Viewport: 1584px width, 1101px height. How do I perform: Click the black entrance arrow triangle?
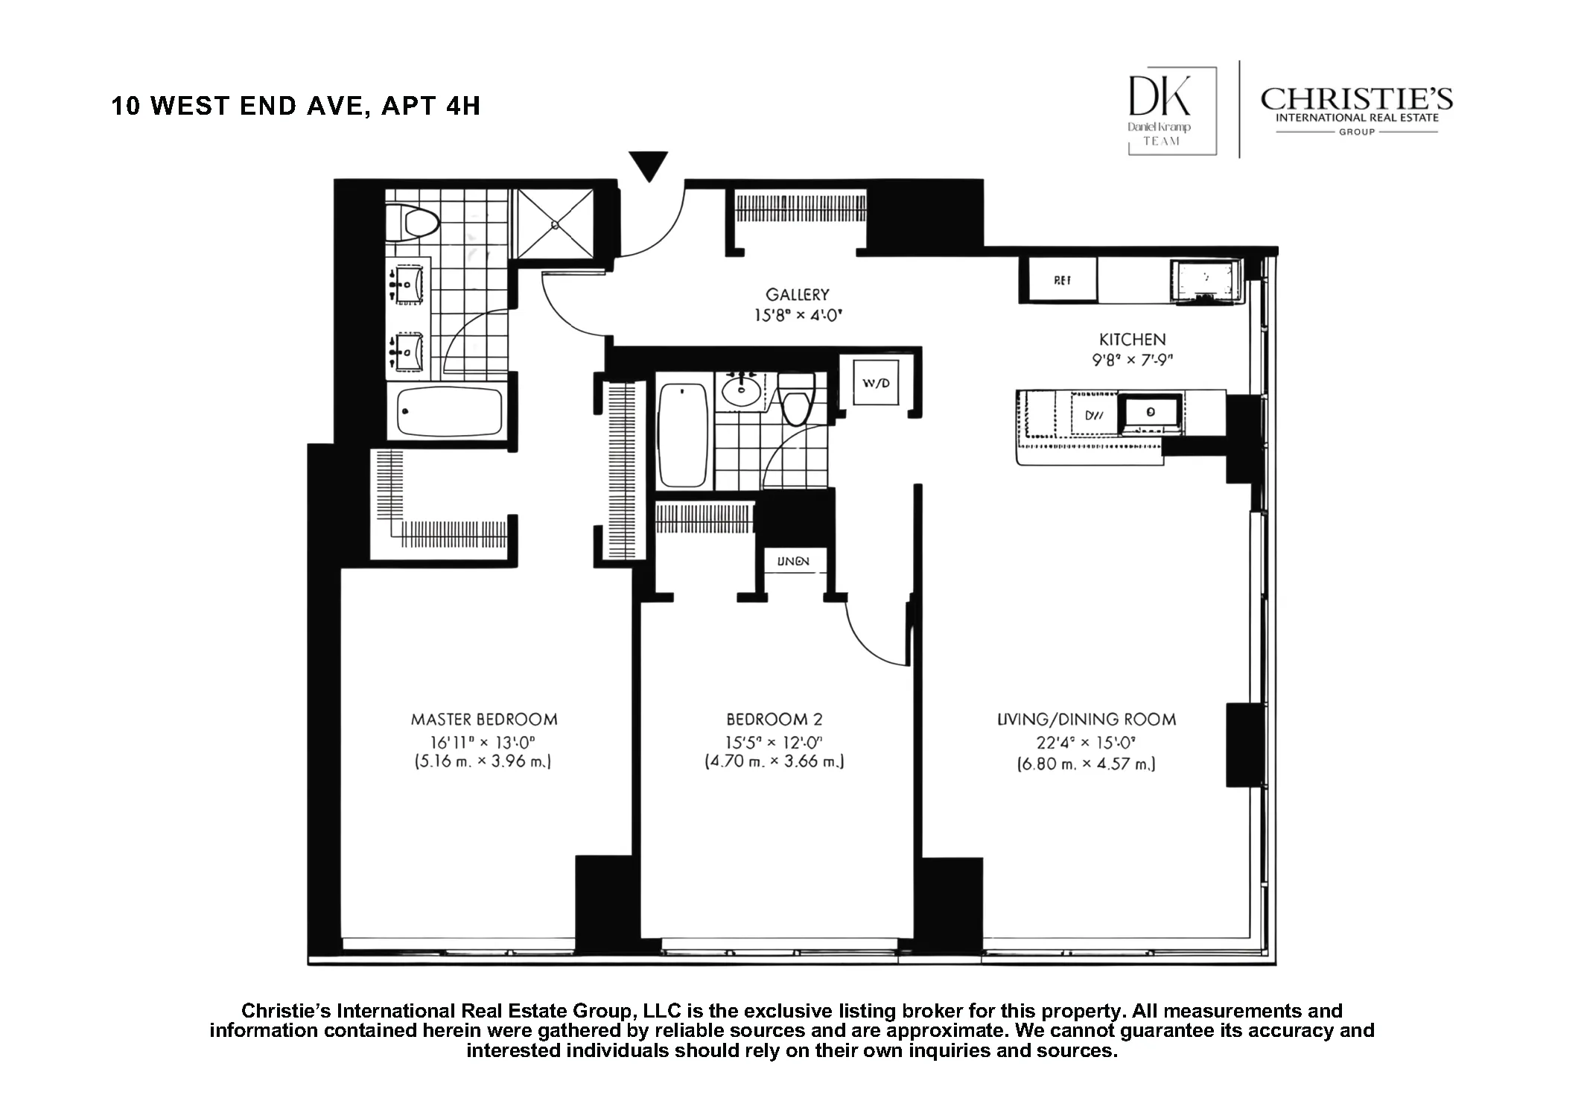648,165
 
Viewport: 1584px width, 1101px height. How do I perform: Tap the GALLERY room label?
797,295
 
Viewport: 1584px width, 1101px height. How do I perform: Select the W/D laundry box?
875,383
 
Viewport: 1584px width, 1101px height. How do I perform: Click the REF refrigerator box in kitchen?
1062,280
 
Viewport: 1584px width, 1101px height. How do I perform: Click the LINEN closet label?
792,561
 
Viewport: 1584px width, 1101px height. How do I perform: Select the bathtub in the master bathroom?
449,411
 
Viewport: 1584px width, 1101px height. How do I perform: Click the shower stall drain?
556,223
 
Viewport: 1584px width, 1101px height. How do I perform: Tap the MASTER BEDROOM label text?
484,720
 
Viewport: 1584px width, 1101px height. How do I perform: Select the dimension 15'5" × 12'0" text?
774,743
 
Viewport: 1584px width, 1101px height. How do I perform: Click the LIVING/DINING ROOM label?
1086,720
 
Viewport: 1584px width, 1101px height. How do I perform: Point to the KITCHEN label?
1132,340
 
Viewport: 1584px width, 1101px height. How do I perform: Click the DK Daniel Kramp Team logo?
1171,110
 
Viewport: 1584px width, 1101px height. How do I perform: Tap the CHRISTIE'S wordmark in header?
1355,100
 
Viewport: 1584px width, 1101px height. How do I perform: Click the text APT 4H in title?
430,106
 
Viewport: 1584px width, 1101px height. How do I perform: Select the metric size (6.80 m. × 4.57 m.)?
1086,764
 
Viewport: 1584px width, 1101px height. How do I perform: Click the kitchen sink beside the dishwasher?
1151,412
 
